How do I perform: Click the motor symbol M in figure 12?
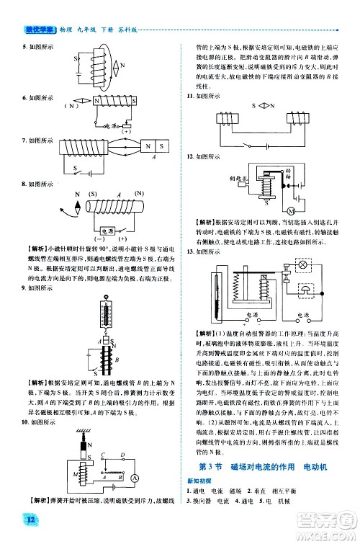click(x=292, y=210)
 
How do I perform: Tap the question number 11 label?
click(x=190, y=95)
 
